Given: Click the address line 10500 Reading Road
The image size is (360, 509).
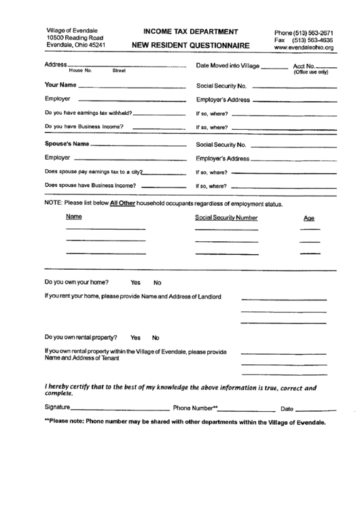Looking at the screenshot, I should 75,38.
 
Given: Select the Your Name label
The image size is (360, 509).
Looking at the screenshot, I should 60,86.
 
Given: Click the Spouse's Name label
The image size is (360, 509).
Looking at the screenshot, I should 67,144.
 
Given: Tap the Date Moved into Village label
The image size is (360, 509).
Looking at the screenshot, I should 228,65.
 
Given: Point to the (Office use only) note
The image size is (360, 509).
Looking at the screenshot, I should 310,72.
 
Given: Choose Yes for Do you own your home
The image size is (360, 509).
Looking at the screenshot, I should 135,282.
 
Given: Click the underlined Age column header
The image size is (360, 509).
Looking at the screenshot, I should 309,218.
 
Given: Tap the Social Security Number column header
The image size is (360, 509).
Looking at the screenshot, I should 226,217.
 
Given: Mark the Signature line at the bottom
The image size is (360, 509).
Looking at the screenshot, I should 119,409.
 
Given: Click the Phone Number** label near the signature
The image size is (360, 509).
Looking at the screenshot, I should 196,408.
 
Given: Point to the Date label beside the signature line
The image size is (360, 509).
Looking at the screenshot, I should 287,409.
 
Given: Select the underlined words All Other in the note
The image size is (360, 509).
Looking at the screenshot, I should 124,203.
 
